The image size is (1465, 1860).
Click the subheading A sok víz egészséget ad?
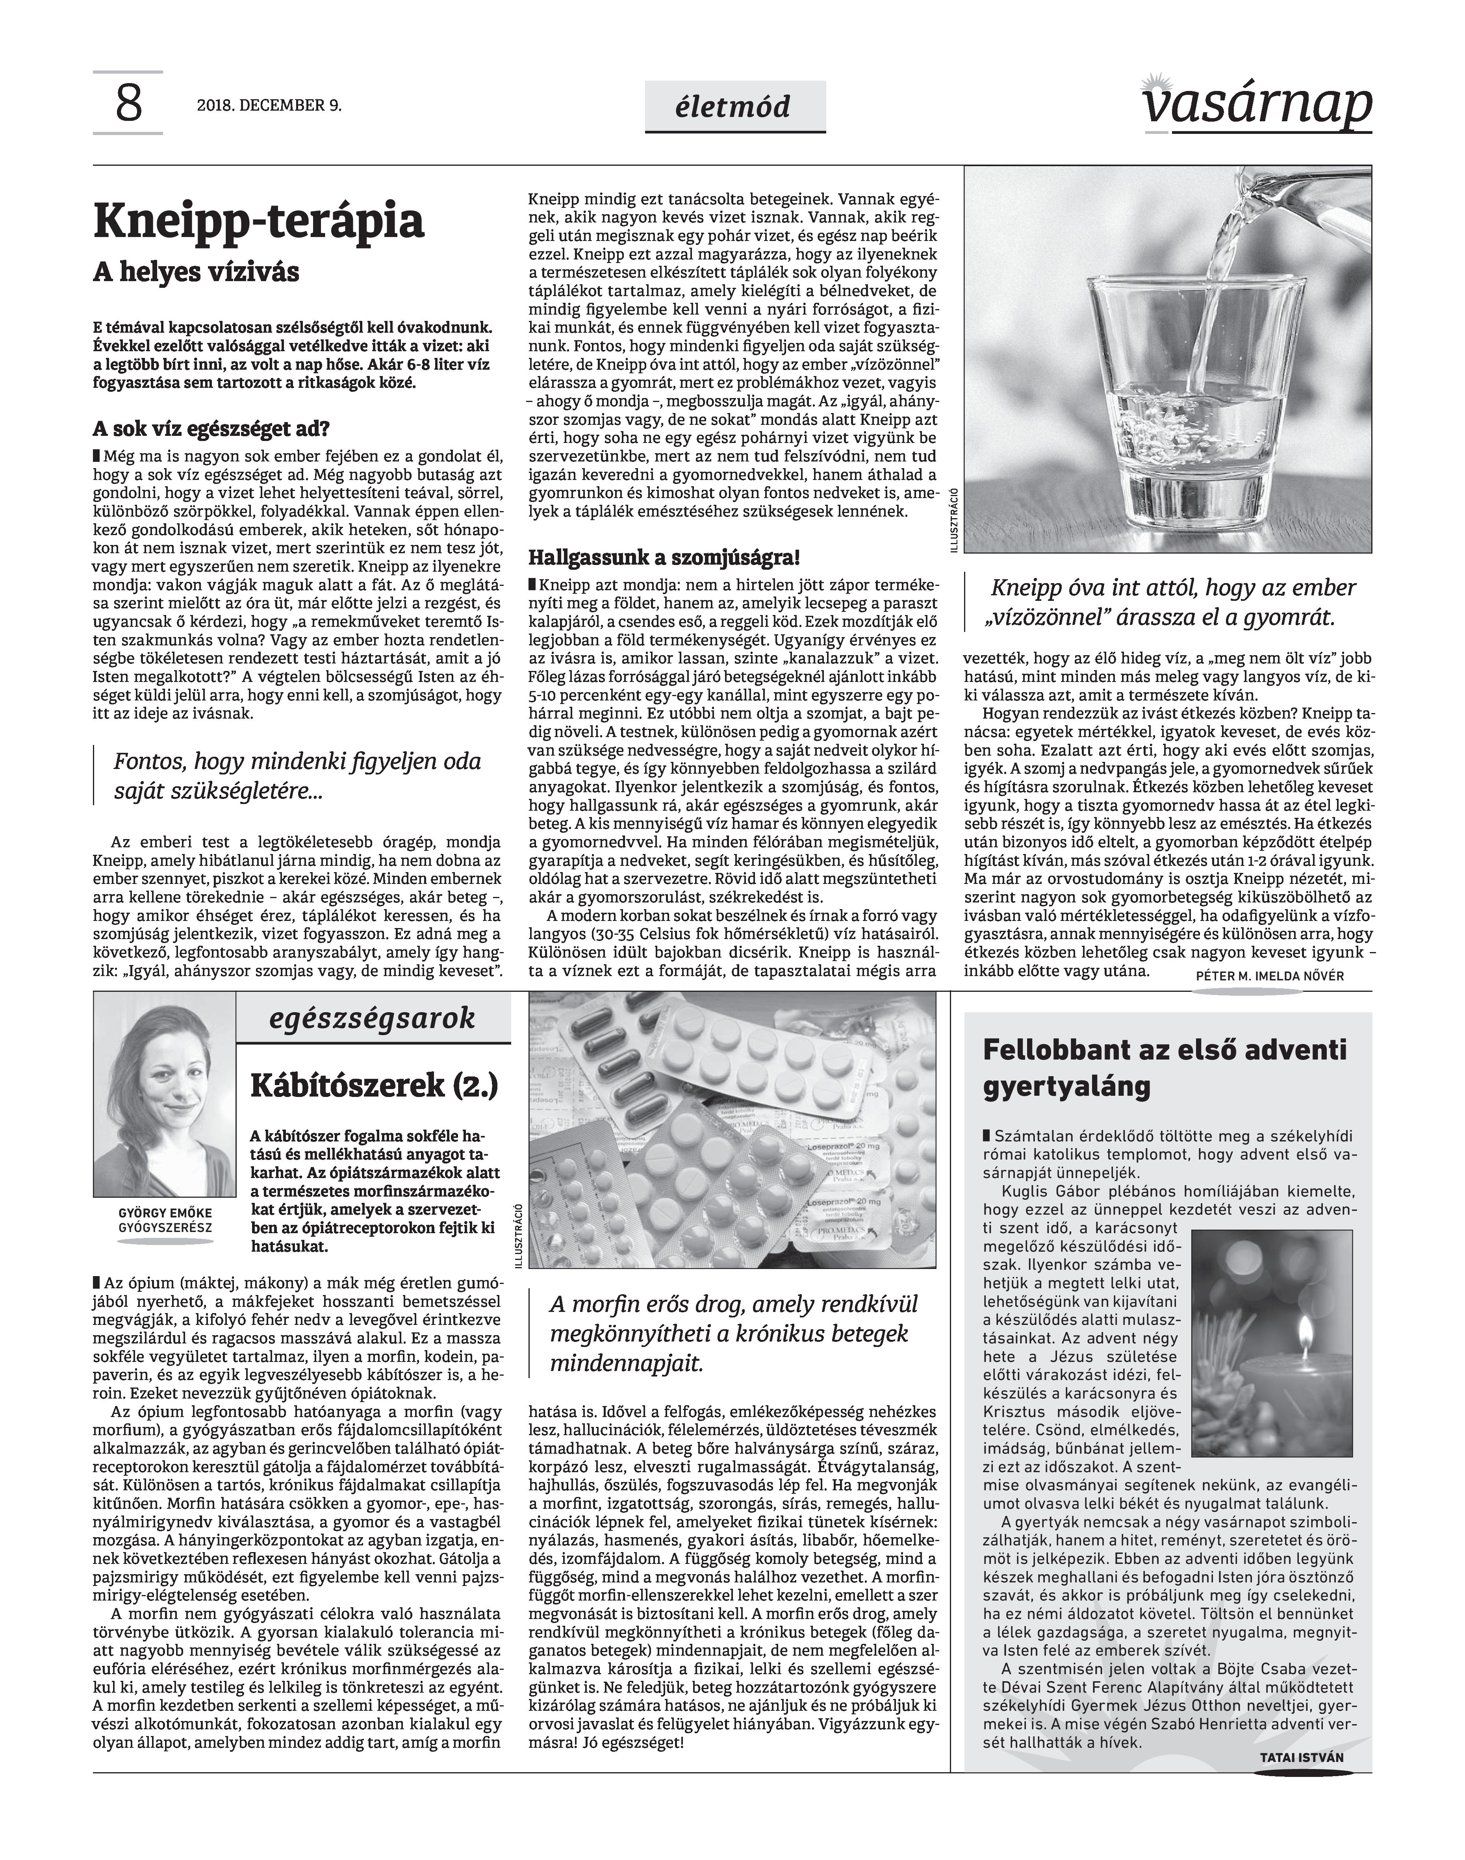tap(211, 429)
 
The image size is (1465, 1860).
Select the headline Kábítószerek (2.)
tap(374, 1086)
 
